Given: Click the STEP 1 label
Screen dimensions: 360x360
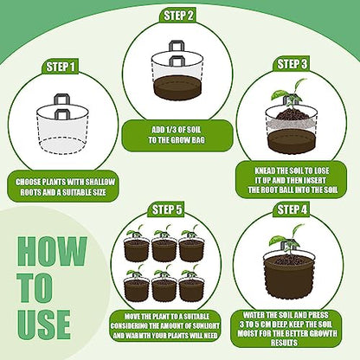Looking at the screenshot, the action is point(61,67).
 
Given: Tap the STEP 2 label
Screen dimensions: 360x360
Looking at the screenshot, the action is point(178,16).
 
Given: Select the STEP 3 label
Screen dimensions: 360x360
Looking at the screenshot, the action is point(292,64).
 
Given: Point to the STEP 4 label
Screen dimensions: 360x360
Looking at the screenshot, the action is point(292,209).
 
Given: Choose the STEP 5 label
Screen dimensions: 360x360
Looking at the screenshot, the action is point(167,209).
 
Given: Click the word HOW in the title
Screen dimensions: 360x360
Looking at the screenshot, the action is point(52,251).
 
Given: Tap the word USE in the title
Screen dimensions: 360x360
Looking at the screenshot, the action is point(44,325).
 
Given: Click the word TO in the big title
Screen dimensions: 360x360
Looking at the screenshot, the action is point(35,287).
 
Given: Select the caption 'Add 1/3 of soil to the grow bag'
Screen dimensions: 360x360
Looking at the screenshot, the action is point(177,135).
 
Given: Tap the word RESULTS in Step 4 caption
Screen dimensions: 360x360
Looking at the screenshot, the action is point(284,343).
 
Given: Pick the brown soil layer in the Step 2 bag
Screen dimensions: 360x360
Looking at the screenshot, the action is point(177,87).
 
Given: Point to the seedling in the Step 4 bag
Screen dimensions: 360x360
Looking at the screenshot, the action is point(286,240).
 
